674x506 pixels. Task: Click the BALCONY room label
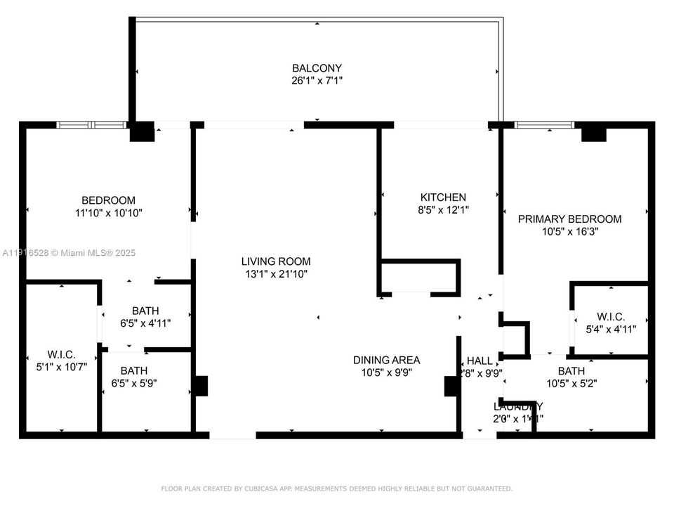pos(317,68)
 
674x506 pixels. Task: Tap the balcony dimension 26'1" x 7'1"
pos(317,80)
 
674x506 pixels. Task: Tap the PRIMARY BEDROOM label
pos(569,219)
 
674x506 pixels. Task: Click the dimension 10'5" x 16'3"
pos(569,231)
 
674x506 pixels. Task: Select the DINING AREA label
pos(386,360)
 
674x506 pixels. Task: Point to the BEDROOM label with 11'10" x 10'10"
pos(108,200)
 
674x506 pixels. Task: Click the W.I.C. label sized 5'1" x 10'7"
pos(61,354)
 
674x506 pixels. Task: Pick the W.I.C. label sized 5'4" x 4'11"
pos(611,317)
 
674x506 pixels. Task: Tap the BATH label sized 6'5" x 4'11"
pos(145,311)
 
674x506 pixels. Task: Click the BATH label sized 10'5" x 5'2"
pos(571,371)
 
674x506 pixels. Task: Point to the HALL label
pos(480,361)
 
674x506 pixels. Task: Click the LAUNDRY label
pos(518,407)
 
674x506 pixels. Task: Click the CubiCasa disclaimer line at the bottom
pos(337,488)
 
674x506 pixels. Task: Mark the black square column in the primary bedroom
pos(593,133)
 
